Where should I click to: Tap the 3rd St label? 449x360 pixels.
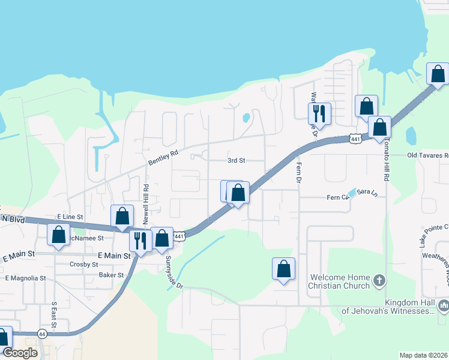tap(237, 161)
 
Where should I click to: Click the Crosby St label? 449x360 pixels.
tap(83, 264)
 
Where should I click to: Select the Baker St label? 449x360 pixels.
tap(111, 275)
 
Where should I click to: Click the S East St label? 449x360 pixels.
tap(53, 315)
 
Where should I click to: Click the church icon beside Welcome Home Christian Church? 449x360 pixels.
tap(379, 281)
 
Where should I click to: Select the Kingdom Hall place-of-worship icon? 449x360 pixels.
tap(443, 306)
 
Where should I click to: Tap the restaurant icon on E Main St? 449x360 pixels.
tap(140, 241)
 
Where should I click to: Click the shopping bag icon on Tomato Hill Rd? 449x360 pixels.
tap(379, 127)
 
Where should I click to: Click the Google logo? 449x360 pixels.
tap(20, 353)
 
